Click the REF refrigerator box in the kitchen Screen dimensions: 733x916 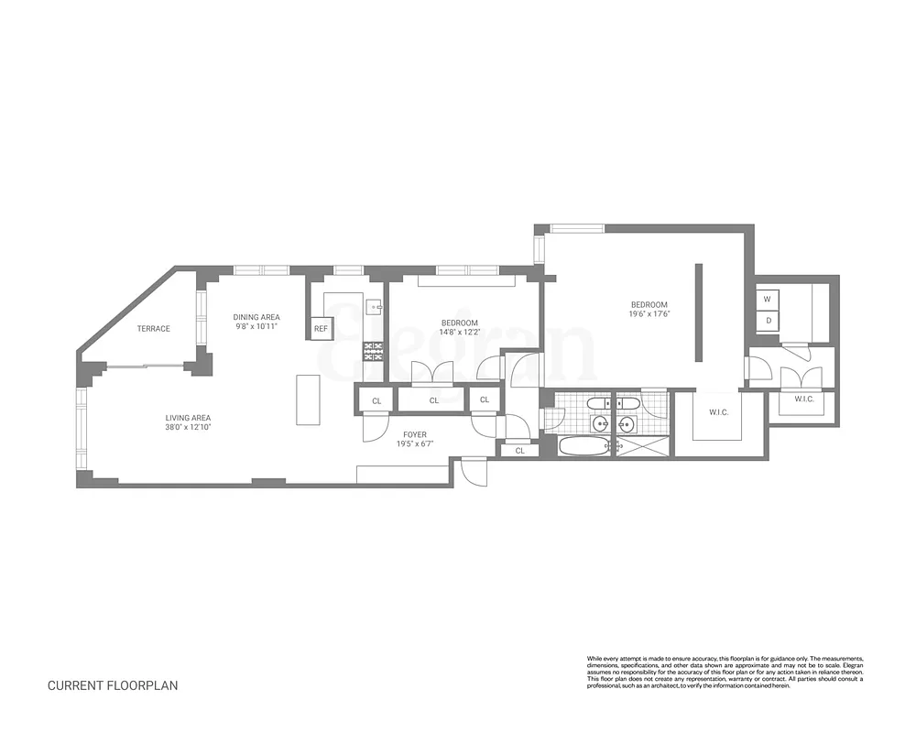(x=321, y=328)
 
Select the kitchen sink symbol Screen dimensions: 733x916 (x=373, y=308)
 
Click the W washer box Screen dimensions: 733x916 (x=767, y=299)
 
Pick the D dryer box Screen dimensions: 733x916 (x=767, y=320)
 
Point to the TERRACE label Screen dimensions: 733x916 (x=153, y=328)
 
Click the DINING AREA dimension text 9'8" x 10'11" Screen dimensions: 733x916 (x=256, y=326)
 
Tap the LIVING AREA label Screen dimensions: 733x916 (x=188, y=418)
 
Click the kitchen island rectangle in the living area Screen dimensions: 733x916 (x=308, y=399)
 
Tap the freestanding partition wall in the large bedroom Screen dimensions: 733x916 (x=697, y=314)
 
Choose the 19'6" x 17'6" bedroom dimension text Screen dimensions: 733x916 (x=649, y=314)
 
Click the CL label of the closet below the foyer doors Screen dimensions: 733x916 (x=519, y=450)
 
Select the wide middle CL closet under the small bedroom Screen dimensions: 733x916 (x=433, y=399)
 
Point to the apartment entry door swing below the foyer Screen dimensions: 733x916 (x=474, y=470)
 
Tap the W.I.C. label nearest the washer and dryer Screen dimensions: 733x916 (x=804, y=399)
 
